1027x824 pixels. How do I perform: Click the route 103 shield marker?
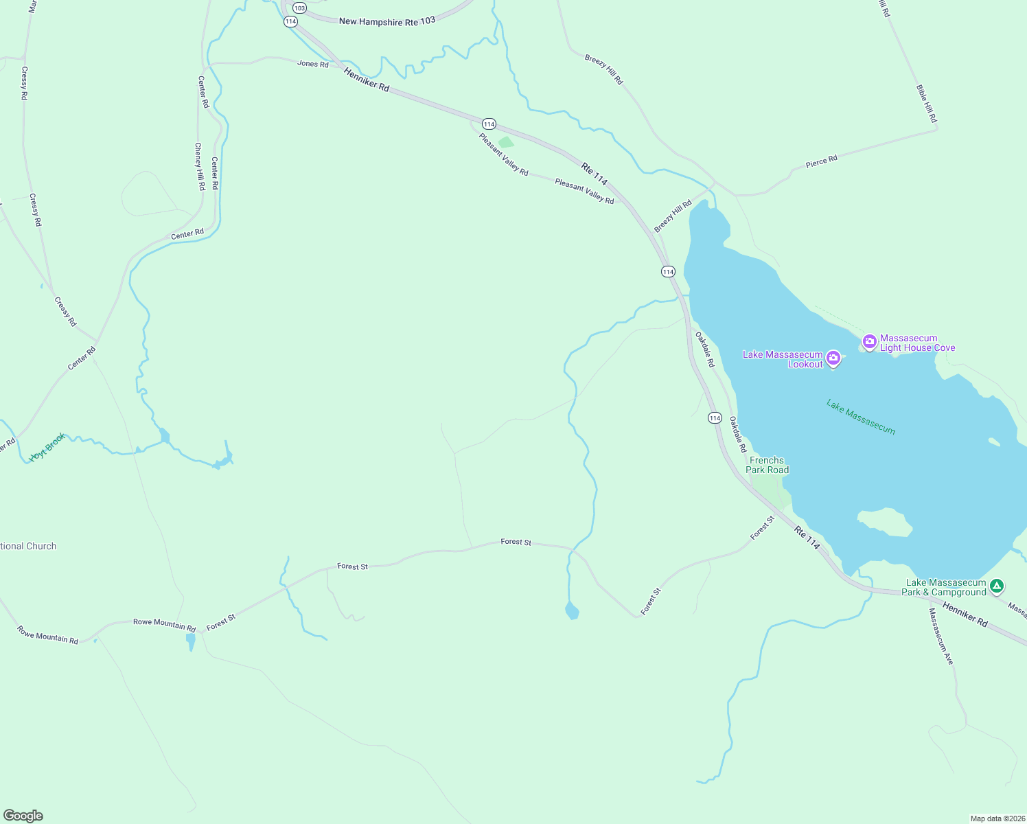pos(299,8)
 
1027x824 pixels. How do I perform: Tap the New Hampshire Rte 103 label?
pos(387,21)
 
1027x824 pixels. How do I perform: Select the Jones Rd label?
pos(312,64)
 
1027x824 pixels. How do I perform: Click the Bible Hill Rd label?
pos(926,104)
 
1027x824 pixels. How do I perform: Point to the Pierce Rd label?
pos(821,162)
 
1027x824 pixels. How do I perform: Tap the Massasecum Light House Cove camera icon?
pos(869,342)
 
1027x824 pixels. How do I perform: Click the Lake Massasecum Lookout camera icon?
pos(833,358)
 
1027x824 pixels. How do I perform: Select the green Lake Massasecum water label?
pos(861,417)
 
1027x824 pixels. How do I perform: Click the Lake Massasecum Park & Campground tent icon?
pos(997,586)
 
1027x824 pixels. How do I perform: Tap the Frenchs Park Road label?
pos(767,465)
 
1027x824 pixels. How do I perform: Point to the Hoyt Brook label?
pos(47,447)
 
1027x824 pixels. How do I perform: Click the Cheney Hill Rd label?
pos(199,166)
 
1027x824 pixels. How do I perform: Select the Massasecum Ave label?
pos(941,636)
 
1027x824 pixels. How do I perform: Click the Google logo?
pos(23,816)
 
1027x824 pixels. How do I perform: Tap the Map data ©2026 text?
pos(997,819)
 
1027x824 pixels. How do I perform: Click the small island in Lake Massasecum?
pos(885,521)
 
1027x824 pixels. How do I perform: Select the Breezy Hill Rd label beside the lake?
pos(673,216)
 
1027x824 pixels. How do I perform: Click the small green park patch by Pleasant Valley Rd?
pos(506,142)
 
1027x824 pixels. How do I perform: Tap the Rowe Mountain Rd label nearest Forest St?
pos(164,625)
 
